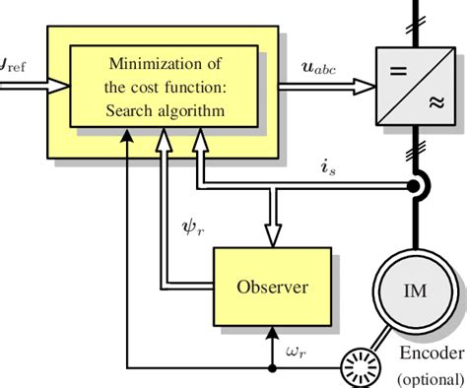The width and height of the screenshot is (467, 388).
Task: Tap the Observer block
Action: click(271, 288)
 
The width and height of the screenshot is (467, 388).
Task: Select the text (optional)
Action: click(429, 378)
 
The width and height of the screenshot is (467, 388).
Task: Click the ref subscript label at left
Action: click(14, 71)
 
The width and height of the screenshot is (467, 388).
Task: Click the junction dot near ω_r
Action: click(272, 369)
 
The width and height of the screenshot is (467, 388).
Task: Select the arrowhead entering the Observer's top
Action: click(271, 233)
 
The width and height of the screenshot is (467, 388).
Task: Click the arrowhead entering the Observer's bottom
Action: click(272, 334)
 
